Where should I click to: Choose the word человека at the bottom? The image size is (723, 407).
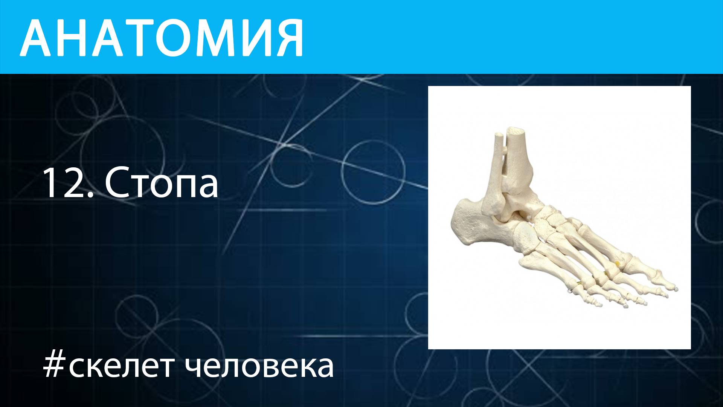tap(260, 366)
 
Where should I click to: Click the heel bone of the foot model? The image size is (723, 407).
tap(467, 222)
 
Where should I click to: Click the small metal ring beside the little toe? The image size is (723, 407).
tap(570, 291)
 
